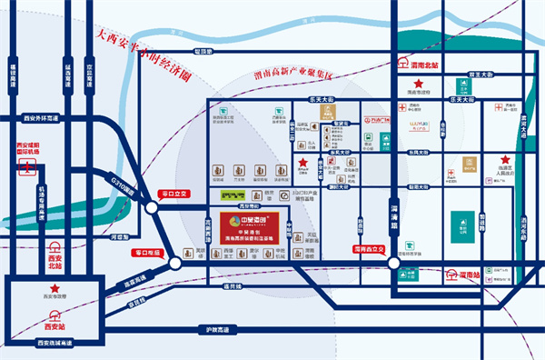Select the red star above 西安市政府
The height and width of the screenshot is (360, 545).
(x=54, y=288)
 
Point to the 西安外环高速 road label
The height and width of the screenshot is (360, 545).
(x=39, y=120)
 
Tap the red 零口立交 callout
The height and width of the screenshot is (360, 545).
(x=172, y=194)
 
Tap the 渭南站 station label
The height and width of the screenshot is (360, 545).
(x=468, y=273)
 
